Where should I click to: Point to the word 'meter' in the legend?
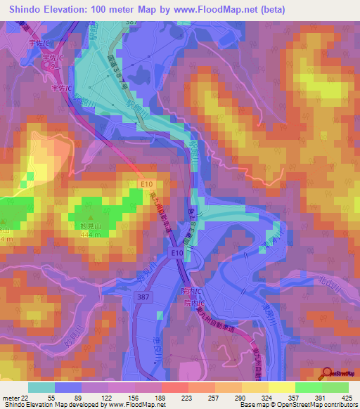point(11,398)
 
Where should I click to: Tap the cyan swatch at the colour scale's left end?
point(41,387)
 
